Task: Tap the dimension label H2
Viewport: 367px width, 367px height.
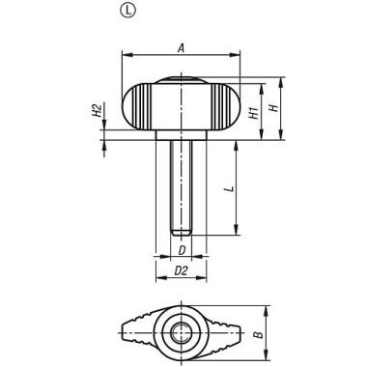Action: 98,113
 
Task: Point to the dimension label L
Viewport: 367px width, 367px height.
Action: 228,190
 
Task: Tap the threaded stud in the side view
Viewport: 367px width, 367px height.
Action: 181,183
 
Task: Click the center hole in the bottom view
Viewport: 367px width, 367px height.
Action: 181,334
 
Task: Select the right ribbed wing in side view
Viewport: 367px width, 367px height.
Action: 225,108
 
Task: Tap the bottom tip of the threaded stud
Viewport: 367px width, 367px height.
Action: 181,233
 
